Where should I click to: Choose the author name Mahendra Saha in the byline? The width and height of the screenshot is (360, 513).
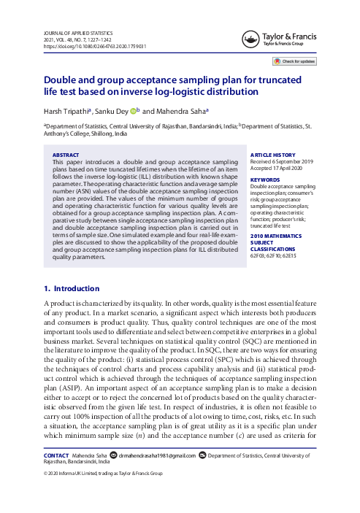pyautogui.click(x=182, y=112)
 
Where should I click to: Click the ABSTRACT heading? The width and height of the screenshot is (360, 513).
pyautogui.click(x=68, y=155)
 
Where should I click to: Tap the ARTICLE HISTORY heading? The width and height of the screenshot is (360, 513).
pyautogui.click(x=275, y=155)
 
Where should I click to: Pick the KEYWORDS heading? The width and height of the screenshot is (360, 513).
pyautogui.click(x=265, y=180)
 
